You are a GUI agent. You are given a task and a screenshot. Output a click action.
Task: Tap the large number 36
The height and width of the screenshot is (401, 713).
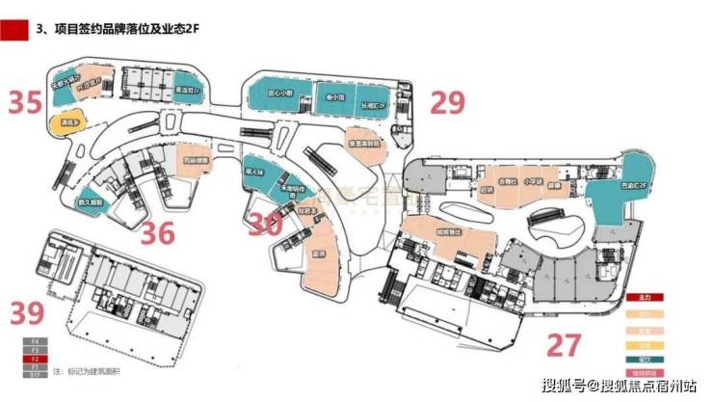[159, 232]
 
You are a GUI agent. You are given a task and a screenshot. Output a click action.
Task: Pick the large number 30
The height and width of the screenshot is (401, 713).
[266, 224]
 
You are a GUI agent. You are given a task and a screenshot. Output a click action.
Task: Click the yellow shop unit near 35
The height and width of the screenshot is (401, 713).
[64, 126]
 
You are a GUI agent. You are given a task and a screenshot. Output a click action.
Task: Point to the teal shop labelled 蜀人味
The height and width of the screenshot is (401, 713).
[255, 174]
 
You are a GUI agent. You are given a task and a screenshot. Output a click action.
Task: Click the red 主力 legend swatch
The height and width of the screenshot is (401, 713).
[646, 300]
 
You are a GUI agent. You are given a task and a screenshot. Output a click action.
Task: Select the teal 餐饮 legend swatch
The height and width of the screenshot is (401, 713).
[646, 356]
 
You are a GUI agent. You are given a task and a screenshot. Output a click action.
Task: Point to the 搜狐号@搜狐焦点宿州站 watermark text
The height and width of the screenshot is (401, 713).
[619, 387]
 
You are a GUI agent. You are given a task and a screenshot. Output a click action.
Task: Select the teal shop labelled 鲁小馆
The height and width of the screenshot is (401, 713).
[333, 97]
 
